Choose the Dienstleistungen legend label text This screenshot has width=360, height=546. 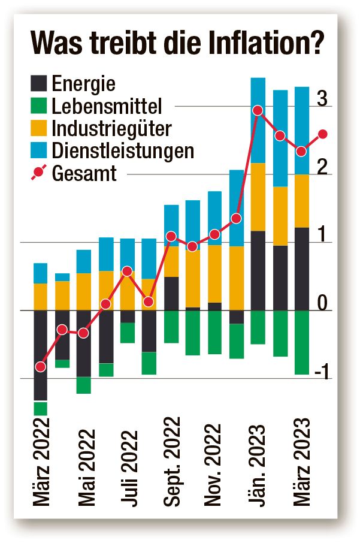pyautogui.click(x=123, y=150)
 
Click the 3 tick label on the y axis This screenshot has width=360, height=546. pyautogui.click(x=322, y=100)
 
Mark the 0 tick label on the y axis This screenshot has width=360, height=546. pyautogui.click(x=322, y=305)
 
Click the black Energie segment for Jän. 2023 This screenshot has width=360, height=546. pyautogui.click(x=258, y=270)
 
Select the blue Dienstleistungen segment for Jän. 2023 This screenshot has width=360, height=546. pyautogui.click(x=258, y=120)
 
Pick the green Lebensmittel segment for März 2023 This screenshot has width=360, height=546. pyautogui.click(x=302, y=342)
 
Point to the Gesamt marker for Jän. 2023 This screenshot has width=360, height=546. pyautogui.click(x=258, y=110)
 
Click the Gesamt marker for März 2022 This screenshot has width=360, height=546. pyautogui.click(x=41, y=366)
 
